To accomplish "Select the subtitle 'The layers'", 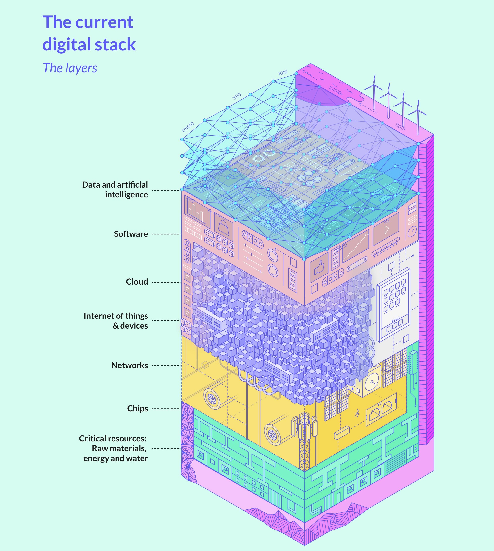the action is click(x=70, y=68).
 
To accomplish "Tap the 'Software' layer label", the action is click(x=131, y=234).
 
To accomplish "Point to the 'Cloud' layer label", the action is click(x=137, y=282).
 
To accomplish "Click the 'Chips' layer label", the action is click(x=137, y=408).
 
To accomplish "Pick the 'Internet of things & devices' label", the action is click(x=116, y=320).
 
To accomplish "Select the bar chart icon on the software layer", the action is click(x=197, y=212).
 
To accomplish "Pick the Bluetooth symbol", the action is click(x=357, y=414).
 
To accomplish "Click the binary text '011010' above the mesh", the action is click(x=188, y=127).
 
